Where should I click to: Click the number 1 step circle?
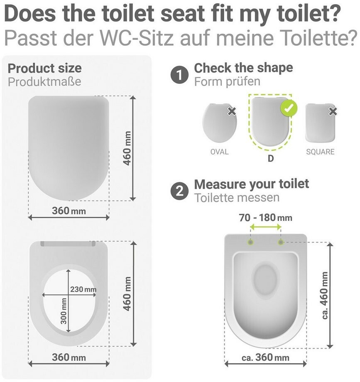[179, 75]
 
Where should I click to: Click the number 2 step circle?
[179, 191]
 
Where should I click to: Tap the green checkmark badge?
[289, 108]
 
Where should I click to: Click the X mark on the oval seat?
[232, 111]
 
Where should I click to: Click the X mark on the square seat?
[333, 112]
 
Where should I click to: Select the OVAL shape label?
[220, 152]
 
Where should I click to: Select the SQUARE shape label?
[320, 152]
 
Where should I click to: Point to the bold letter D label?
[271, 159]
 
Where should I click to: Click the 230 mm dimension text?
[83, 289]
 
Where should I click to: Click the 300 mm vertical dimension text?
[64, 311]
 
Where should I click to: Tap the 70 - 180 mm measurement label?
[265, 218]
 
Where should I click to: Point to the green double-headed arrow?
[266, 227]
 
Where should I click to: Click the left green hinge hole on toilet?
[251, 242]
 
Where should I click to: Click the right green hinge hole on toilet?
[281, 242]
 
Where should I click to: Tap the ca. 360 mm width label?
[265, 358]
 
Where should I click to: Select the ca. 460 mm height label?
[325, 295]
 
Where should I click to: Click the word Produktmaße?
[44, 82]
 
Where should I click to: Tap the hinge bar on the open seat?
[68, 244]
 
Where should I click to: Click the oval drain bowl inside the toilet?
[266, 281]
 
